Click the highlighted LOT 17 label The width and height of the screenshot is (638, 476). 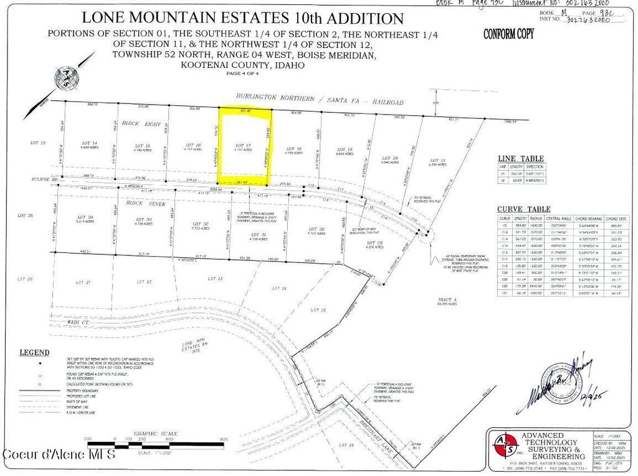[x=244, y=145]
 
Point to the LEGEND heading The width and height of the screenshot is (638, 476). [x=35, y=353]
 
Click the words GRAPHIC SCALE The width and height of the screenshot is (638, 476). [x=156, y=434]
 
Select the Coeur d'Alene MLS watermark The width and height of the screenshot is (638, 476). [x=59, y=454]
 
